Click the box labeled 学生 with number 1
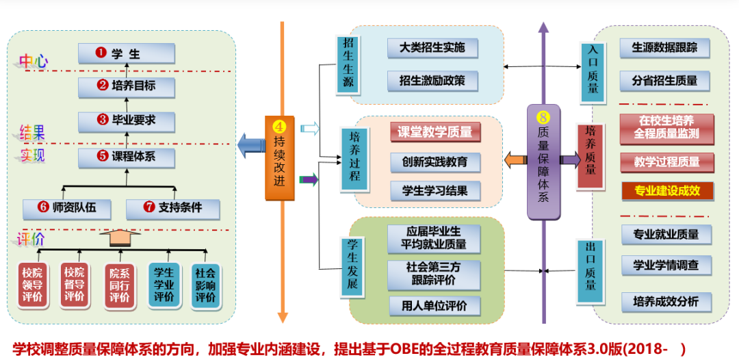coord(127,53)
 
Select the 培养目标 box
coord(127,86)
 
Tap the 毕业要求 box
coord(127,120)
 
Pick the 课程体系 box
coord(127,157)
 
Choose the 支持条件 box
coord(172,207)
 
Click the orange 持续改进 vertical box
coord(279,158)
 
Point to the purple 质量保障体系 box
coord(543,162)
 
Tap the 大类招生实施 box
coord(432,48)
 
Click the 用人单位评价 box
coord(435,306)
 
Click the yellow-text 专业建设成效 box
coord(667,191)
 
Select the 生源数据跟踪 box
coord(664,48)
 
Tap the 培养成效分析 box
coord(666,302)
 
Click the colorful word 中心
coord(33,61)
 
